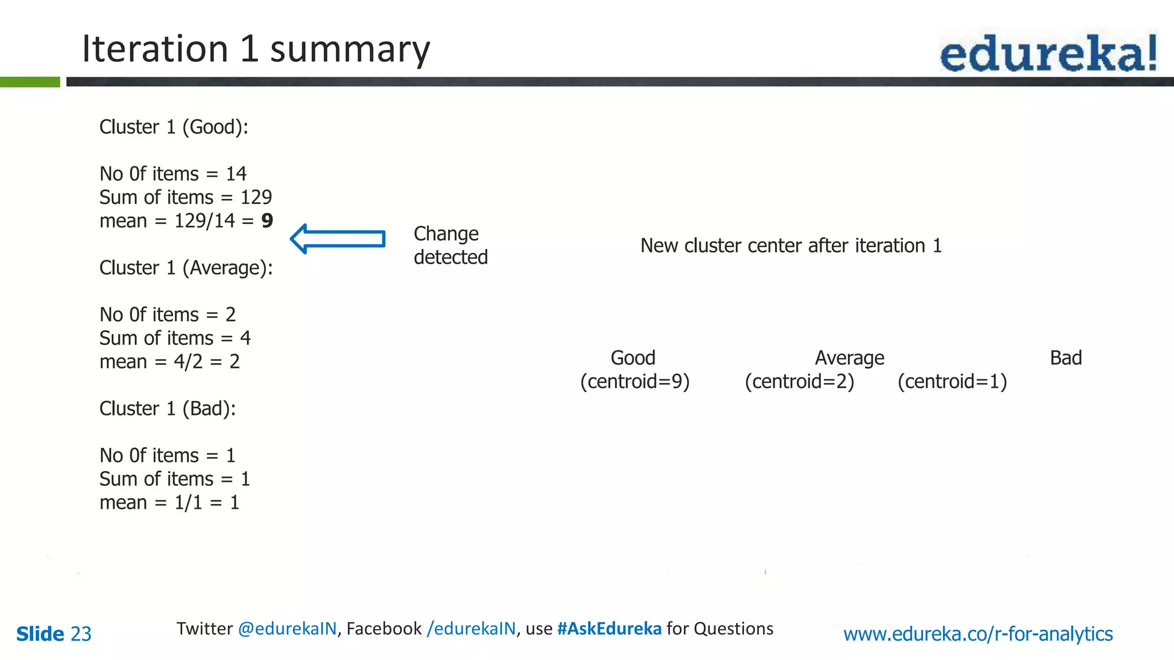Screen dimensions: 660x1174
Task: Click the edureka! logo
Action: [x=1048, y=53]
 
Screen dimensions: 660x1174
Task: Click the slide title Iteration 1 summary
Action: [x=256, y=49]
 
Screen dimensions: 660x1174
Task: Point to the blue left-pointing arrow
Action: [x=338, y=239]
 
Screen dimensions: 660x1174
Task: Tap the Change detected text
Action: [x=451, y=245]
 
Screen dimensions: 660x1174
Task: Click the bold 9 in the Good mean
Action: [x=267, y=221]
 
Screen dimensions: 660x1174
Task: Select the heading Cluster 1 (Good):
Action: [x=174, y=127]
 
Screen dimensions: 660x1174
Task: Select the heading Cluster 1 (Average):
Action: [x=186, y=268]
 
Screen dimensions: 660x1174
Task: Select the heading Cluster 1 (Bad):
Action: [x=167, y=408]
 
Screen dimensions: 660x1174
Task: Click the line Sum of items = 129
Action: [x=185, y=197]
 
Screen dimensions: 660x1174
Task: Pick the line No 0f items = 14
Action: [x=173, y=174]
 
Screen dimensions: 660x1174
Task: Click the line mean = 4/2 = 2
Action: [x=169, y=362]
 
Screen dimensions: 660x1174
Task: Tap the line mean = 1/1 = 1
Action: [x=169, y=502]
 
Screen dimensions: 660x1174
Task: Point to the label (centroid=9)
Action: [x=635, y=382]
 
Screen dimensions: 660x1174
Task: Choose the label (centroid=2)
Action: [x=799, y=382]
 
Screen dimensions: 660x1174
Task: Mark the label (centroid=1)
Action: [x=952, y=382]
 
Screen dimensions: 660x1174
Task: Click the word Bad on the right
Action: [x=1066, y=358]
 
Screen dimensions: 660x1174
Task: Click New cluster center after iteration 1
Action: [x=791, y=246]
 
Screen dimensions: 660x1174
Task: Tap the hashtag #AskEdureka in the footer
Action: [x=609, y=628]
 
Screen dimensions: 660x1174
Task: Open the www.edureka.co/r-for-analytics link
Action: [x=978, y=634]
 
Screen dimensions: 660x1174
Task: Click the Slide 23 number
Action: [x=53, y=634]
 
